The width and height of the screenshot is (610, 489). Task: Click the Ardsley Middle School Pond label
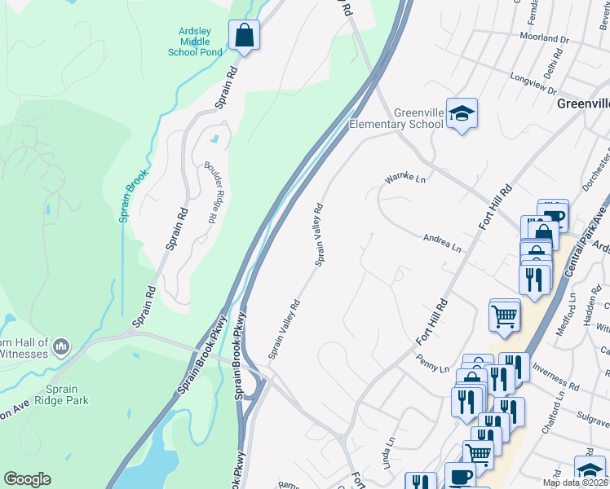pos(195,42)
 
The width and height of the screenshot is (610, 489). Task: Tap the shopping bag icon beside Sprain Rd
pos(244,36)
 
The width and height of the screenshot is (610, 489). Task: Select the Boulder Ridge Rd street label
pos(209,191)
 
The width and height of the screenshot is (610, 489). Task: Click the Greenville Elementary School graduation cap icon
pos(462,114)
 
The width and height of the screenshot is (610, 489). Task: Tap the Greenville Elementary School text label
pos(396,118)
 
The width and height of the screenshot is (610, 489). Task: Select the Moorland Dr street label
pos(544,38)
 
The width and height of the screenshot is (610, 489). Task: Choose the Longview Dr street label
pos(533,79)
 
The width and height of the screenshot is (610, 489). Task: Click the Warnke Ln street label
pos(405,177)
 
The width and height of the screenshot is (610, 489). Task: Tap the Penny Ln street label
pos(432,363)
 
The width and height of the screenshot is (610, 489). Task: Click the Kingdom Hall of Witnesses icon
pos(60,349)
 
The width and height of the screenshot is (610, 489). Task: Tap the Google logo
pos(27,479)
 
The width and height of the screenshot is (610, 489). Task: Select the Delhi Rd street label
pos(555,64)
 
